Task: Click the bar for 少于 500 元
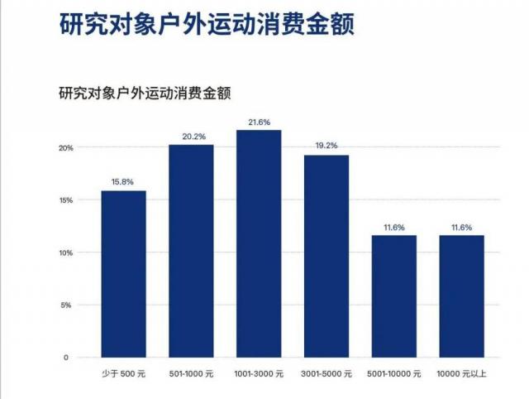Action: click(x=123, y=274)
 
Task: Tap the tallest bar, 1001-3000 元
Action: click(x=259, y=243)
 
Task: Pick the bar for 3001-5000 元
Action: click(x=326, y=256)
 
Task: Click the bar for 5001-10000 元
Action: click(x=393, y=296)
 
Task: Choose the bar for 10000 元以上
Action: click(x=461, y=296)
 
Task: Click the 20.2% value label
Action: click(x=191, y=136)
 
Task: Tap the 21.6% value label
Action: click(x=259, y=122)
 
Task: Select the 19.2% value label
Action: click(x=326, y=146)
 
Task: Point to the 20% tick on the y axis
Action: click(x=65, y=148)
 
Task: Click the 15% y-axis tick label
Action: click(x=65, y=200)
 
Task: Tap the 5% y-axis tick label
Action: click(x=68, y=305)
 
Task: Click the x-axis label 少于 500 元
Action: click(x=123, y=374)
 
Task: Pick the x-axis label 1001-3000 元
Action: click(x=259, y=374)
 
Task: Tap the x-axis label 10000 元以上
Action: click(x=461, y=374)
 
